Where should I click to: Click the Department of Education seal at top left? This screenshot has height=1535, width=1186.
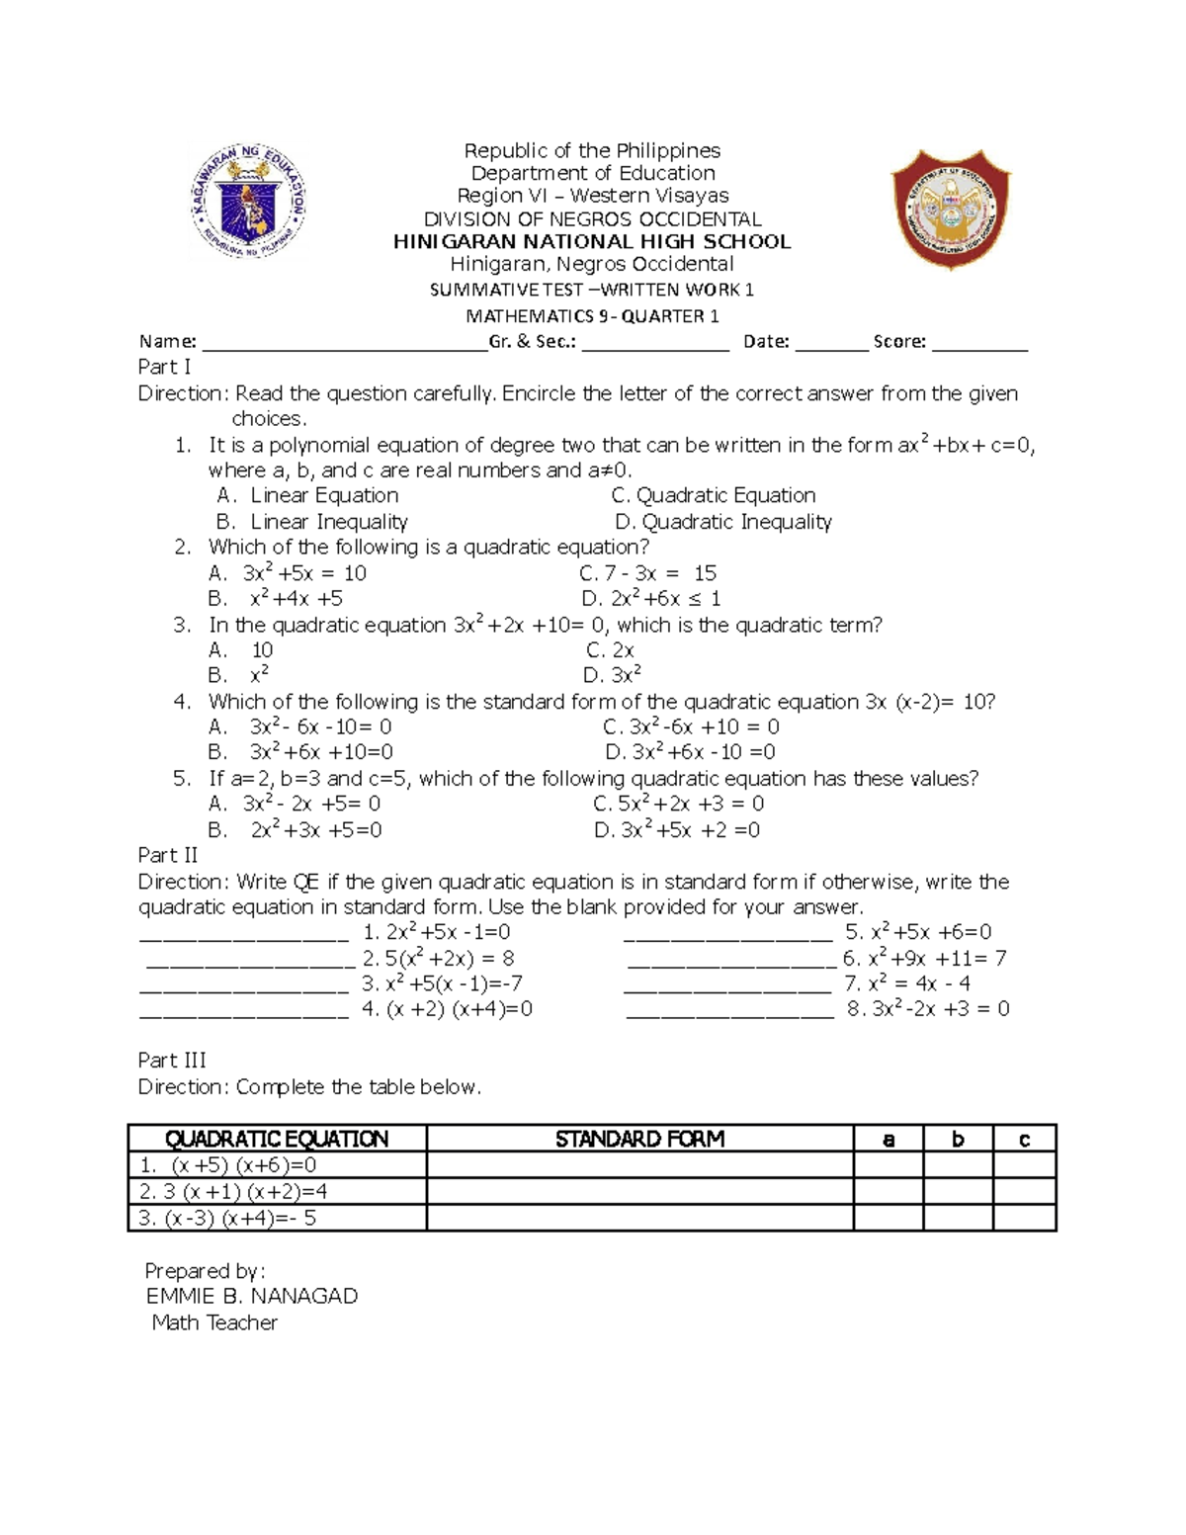click(248, 203)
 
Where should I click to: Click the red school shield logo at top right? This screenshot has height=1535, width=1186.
click(950, 209)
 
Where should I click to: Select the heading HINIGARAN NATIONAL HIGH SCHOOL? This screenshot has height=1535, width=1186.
click(592, 242)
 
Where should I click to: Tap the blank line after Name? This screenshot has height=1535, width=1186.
click(344, 347)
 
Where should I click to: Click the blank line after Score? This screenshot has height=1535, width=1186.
click(979, 347)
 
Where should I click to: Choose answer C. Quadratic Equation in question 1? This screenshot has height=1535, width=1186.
click(714, 495)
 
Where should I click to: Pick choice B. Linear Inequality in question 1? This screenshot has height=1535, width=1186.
click(312, 522)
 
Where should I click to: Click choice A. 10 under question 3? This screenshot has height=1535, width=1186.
click(241, 650)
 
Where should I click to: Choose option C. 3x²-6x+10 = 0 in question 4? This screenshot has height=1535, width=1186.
click(691, 727)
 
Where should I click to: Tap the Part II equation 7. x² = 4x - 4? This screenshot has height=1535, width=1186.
click(906, 983)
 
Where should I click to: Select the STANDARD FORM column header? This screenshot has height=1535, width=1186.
click(639, 1140)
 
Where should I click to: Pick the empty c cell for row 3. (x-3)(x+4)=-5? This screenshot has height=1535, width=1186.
click(1024, 1218)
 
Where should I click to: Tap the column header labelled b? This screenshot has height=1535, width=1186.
click(958, 1140)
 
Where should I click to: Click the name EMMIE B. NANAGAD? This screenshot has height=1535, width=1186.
click(252, 1297)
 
